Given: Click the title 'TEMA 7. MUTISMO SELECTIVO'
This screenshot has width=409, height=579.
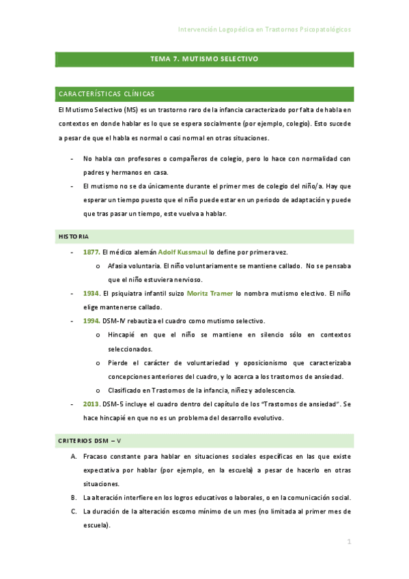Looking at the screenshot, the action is tap(204, 59).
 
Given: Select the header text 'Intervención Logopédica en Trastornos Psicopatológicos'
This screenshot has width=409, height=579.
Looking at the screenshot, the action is tap(264, 30).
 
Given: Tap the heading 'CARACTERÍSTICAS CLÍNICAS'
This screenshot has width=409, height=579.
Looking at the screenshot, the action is tap(107, 94).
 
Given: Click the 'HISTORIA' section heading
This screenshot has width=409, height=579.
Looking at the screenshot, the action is tap(73, 236).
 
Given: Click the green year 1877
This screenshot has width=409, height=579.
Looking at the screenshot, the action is tap(91, 252).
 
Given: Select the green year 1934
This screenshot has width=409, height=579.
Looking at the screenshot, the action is tap(91, 293).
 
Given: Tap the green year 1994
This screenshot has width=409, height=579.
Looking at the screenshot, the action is tap(91, 321).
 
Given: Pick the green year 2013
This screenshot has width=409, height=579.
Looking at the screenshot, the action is tap(91, 404).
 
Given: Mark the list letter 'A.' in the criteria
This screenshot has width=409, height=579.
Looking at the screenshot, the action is tap(74, 455).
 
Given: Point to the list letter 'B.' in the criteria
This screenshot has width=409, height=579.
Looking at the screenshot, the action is tap(74, 497).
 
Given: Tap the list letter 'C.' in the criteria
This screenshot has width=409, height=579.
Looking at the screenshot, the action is tap(74, 511).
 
